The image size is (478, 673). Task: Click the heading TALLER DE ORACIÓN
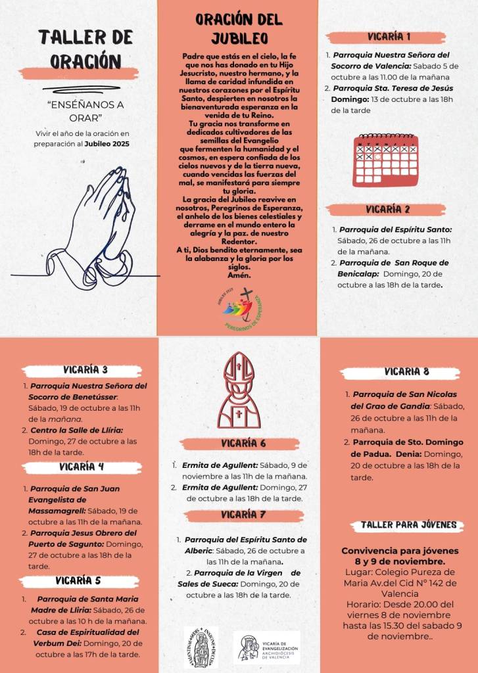(x=79, y=49)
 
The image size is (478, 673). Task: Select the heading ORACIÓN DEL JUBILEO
(x=239, y=28)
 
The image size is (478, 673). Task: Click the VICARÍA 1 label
(x=390, y=37)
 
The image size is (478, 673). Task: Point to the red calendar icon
(x=386, y=160)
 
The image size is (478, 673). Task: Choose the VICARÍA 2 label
(x=388, y=210)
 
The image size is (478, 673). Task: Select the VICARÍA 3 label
(x=85, y=370)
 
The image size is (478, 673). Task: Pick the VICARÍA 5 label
(x=78, y=581)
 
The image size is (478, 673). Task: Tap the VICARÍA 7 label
(x=243, y=515)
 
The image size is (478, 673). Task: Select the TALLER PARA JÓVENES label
(x=408, y=525)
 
